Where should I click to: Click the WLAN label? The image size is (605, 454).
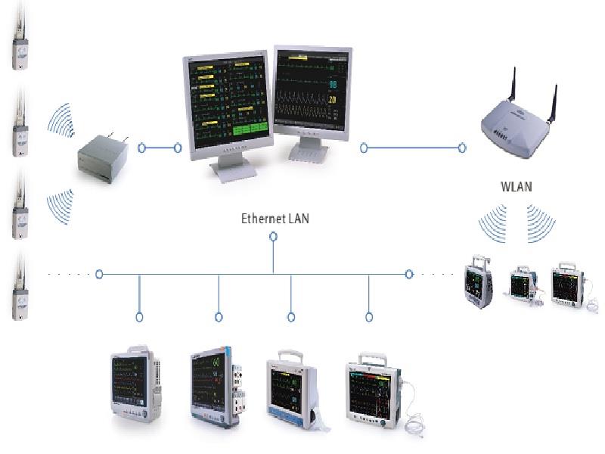coord(517,185)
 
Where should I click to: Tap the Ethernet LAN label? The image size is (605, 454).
coord(275,219)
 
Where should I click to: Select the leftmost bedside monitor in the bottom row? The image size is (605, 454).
coord(135,384)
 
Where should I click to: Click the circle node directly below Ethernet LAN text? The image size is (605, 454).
coord(273,237)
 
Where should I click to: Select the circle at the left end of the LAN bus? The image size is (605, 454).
coord(99,274)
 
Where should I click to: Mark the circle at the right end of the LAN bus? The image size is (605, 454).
coord(409,274)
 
